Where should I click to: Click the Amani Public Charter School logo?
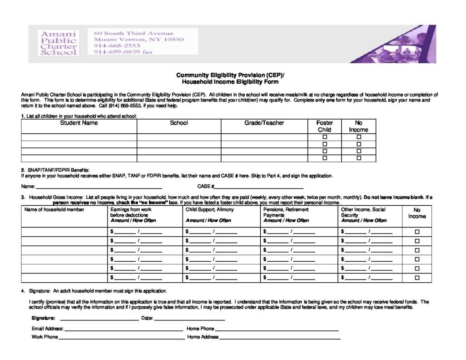(59, 43)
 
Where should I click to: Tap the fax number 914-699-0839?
(123, 52)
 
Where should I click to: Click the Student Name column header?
(79, 123)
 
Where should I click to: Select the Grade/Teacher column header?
(264, 123)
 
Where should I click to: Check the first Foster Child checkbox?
(325, 137)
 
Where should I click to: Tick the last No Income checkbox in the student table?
(359, 158)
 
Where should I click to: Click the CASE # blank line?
(258, 187)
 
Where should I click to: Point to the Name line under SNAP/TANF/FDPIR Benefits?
(99, 187)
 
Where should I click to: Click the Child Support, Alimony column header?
(209, 210)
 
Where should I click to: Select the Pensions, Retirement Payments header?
(286, 212)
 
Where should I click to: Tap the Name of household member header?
(54, 210)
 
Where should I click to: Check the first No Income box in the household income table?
(417, 232)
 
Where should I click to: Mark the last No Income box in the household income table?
(417, 278)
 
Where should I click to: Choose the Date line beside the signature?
(190, 319)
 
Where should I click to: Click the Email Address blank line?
(124, 329)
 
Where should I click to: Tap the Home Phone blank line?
(277, 329)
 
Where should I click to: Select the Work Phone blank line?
(121, 338)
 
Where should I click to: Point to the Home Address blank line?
(280, 338)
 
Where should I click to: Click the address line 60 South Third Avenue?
(134, 33)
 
